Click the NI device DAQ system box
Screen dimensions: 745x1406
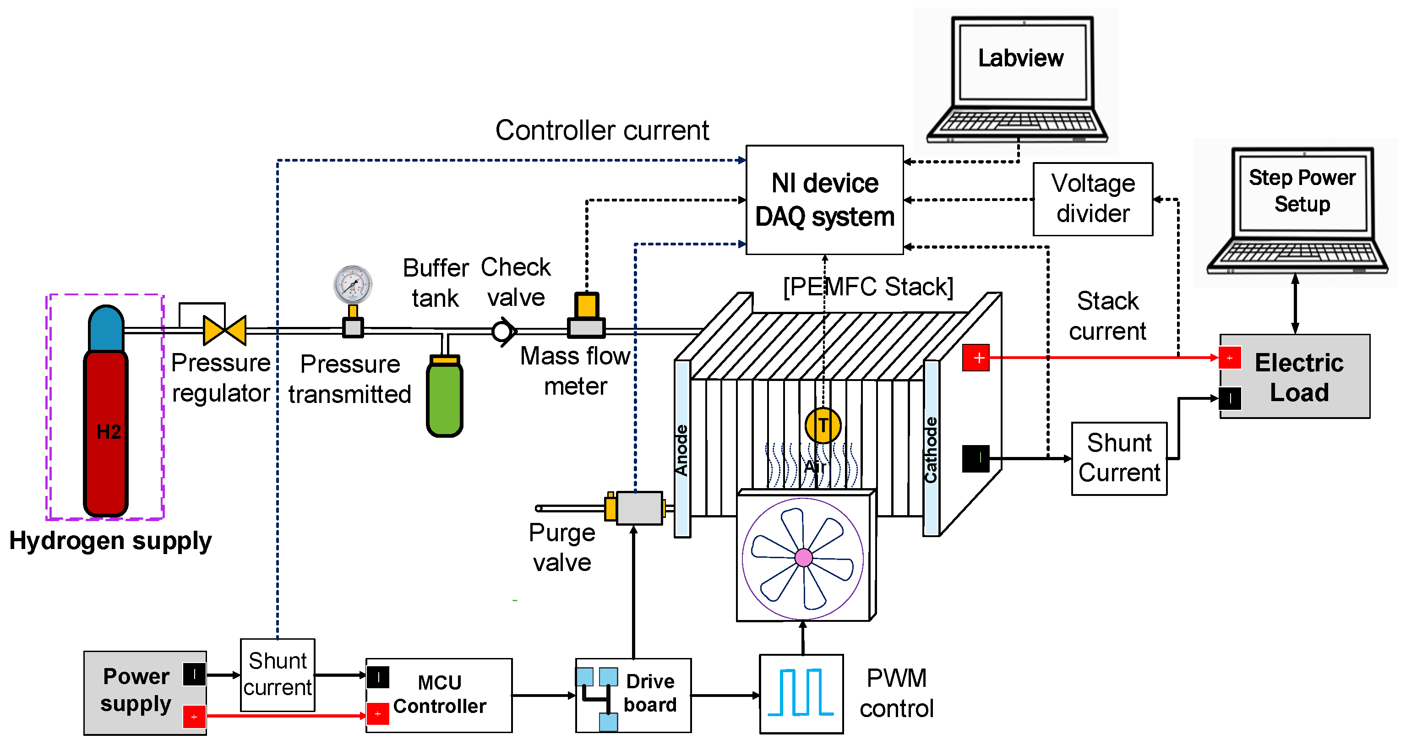pos(824,200)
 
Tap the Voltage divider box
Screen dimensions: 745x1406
pos(1093,199)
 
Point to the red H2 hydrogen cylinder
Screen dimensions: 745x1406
pos(106,431)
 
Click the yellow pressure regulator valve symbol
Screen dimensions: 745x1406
pos(224,330)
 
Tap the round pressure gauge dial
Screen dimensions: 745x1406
pos(353,284)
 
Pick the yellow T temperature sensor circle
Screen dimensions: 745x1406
pos(823,425)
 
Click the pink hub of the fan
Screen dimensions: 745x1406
pos(803,557)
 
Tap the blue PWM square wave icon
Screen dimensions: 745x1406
pos(801,693)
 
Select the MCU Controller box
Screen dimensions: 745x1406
pos(439,694)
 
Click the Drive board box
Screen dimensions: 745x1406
pos(633,694)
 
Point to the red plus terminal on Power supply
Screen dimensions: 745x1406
pos(194,717)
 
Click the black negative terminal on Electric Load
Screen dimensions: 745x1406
pos(1230,398)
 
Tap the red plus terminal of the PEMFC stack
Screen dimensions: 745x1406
pos(976,358)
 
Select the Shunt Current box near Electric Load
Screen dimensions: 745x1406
pos(1119,458)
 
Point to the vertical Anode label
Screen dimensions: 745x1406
pos(682,450)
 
